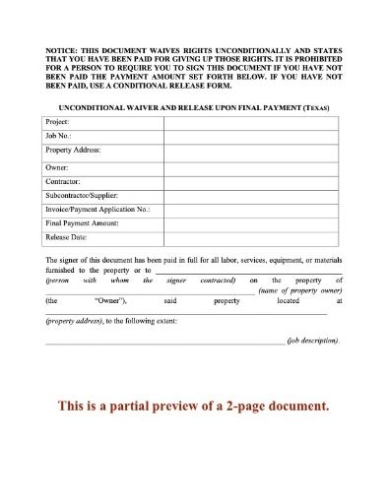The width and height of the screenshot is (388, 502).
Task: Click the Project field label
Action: [x=59, y=122]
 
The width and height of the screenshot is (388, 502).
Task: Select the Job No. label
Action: [x=59, y=137]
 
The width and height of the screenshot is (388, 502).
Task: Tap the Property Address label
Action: [x=74, y=152]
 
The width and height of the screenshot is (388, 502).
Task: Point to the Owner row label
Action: [x=58, y=168]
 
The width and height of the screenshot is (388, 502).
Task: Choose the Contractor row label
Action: [x=63, y=182]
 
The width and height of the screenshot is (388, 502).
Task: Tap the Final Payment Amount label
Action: [x=82, y=223]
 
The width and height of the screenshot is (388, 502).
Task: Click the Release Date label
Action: [x=67, y=237]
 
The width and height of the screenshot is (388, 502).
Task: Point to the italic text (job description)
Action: [x=313, y=340]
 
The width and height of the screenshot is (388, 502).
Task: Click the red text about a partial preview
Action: [x=193, y=405]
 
